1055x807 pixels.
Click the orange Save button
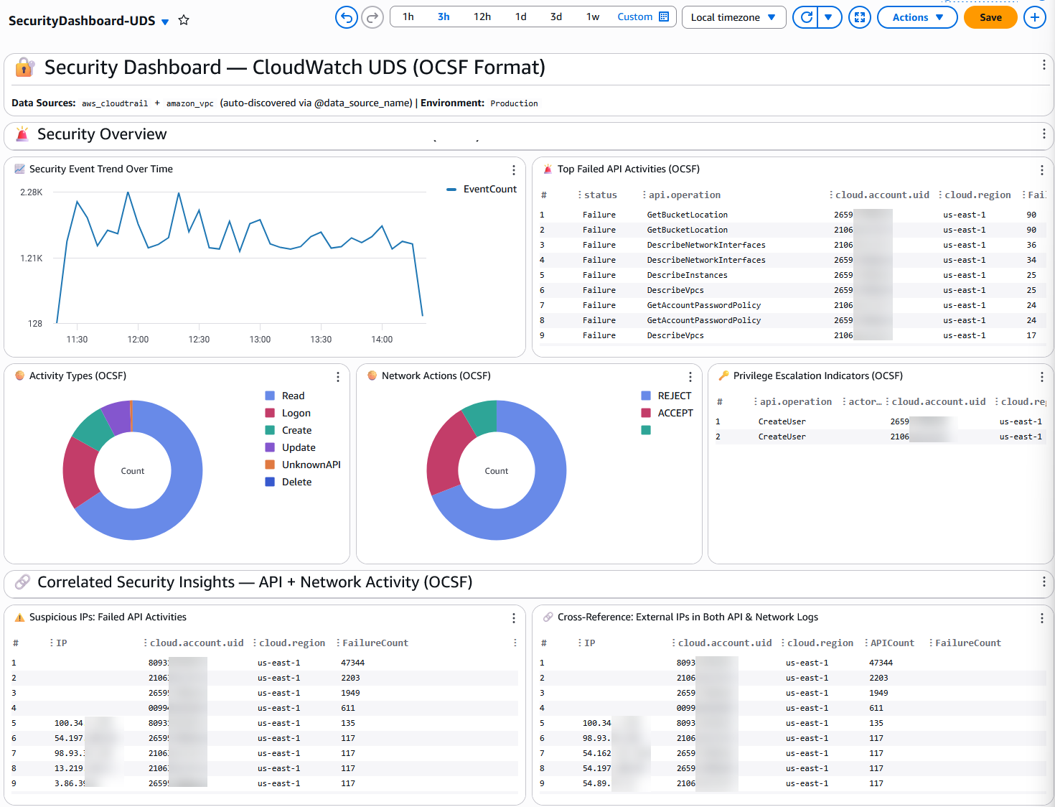pos(990,17)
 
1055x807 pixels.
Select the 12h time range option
pos(482,17)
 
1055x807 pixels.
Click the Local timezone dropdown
pos(733,17)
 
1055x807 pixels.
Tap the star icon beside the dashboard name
pos(184,20)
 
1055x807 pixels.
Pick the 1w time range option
pos(592,17)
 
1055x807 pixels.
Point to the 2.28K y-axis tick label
pos(32,192)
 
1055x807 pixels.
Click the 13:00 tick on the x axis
pos(260,340)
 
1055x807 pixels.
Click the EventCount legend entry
pos(489,189)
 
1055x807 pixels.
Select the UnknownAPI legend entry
pos(311,465)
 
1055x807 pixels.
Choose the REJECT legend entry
pos(674,396)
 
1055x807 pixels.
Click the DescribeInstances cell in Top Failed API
pos(687,275)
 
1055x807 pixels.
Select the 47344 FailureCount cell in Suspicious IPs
pos(352,663)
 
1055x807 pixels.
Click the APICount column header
pos(892,643)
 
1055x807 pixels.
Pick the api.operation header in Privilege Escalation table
pos(795,401)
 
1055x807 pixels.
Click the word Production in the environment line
pos(514,103)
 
